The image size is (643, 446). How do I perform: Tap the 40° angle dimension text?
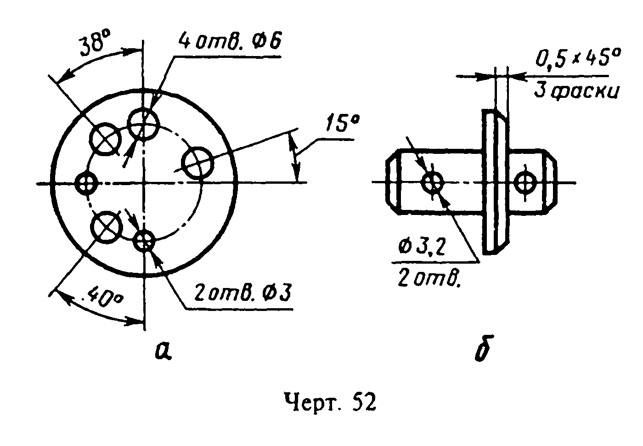click(105, 297)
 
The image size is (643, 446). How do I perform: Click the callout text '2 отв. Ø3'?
click(243, 293)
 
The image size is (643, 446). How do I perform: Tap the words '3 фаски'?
click(576, 91)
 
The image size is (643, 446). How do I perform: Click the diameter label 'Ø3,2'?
click(423, 248)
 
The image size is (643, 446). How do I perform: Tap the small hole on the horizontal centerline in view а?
click(86, 183)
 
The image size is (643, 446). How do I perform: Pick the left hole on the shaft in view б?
click(432, 182)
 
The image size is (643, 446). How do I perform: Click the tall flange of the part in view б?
click(496, 181)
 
